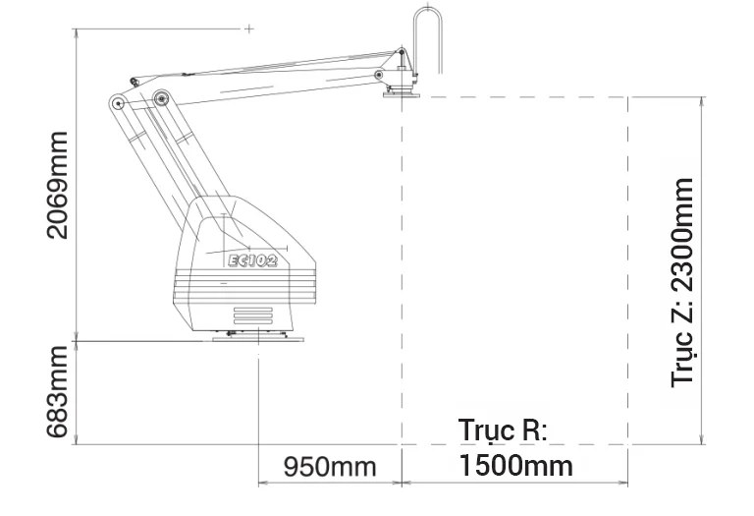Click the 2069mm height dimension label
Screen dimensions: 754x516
[58, 185]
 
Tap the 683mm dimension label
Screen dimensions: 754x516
[58, 391]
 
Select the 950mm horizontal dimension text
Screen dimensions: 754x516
[330, 467]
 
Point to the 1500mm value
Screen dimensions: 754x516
[516, 466]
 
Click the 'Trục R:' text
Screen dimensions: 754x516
[503, 430]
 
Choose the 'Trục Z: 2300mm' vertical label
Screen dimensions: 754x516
[683, 282]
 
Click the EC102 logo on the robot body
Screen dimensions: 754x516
[252, 260]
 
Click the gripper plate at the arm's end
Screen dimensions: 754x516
[402, 94]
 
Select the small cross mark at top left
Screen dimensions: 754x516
[249, 29]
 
